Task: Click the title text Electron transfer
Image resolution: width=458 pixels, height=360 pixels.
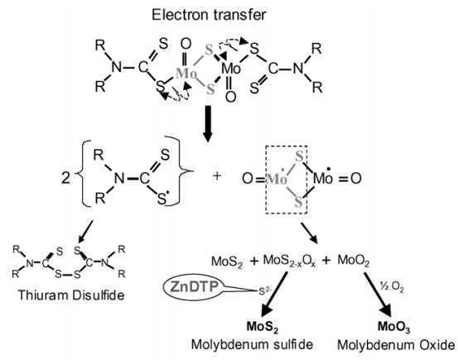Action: (x=209, y=15)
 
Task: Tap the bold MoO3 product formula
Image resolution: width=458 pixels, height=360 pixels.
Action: (x=394, y=327)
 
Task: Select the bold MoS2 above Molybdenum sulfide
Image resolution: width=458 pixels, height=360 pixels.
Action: (x=263, y=327)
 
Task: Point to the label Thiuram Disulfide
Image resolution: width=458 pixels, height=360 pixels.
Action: (x=71, y=295)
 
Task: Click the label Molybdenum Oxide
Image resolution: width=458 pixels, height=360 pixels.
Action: (x=396, y=345)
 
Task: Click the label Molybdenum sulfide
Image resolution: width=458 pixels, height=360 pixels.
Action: (x=252, y=344)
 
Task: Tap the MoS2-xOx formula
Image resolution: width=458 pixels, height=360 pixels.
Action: (x=289, y=261)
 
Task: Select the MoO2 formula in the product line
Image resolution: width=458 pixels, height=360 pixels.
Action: (x=354, y=260)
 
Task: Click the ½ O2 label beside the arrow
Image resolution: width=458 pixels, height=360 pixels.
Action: (x=392, y=287)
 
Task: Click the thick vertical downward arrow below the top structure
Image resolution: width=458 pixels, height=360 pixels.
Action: (x=208, y=124)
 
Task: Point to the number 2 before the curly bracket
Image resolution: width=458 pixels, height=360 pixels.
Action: (x=65, y=177)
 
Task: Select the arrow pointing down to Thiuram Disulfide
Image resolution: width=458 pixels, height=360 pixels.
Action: (x=84, y=232)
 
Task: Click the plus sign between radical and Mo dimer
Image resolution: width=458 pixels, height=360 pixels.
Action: (x=217, y=175)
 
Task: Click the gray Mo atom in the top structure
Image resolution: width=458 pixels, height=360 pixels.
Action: (x=186, y=73)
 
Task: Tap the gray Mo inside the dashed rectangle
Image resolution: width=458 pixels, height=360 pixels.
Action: (x=277, y=179)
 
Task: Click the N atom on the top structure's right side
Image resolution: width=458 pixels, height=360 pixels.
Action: (x=298, y=69)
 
